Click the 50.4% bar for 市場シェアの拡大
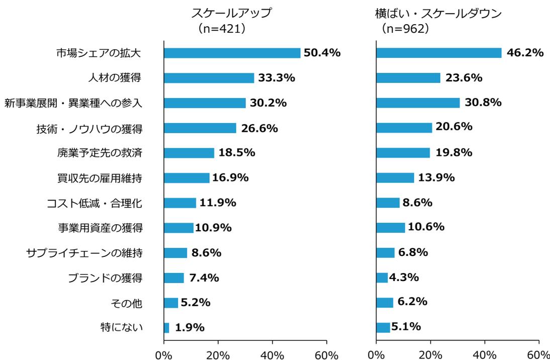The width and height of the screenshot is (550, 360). click(232, 53)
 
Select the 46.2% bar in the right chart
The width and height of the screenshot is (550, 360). click(438, 53)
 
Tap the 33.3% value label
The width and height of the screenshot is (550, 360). click(277, 78)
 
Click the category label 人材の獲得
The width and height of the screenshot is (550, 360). click(115, 78)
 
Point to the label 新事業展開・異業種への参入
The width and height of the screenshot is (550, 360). click(74, 103)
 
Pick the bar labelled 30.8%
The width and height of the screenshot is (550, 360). click(418, 103)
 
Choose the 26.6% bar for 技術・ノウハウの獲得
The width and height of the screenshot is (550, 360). click(200, 128)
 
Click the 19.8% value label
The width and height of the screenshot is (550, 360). click(453, 153)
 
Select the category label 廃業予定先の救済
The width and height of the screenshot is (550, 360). click(100, 153)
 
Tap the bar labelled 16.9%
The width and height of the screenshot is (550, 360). click(187, 178)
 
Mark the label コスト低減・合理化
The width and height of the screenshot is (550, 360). click(95, 203)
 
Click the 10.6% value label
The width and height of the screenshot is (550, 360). click(426, 227)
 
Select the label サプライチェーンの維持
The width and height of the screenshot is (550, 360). click(84, 253)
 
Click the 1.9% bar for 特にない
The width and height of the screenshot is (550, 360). click(166, 328)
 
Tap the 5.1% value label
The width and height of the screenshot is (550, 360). click(406, 327)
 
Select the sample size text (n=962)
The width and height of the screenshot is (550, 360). click(405, 29)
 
